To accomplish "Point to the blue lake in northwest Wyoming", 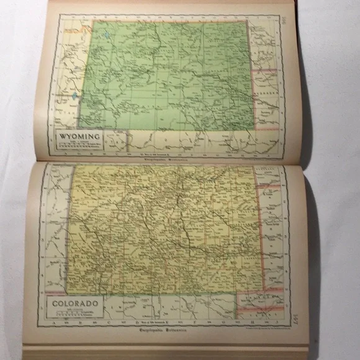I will [110, 36].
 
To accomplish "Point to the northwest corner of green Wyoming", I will [94, 22].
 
